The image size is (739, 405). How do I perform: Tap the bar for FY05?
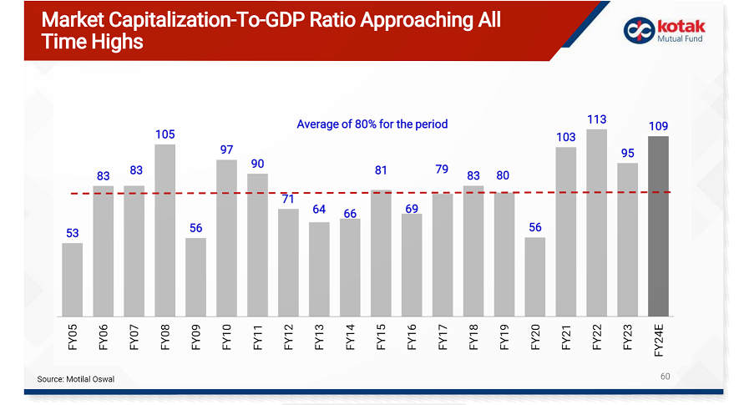click(x=73, y=279)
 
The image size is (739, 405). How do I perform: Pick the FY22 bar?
click(x=596, y=222)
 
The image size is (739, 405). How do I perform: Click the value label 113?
click(x=596, y=119)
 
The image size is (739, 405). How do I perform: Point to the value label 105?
click(x=165, y=134)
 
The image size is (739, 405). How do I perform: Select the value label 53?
click(x=73, y=233)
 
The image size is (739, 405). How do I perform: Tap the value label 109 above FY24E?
click(x=658, y=126)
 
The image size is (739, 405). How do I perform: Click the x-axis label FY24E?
click(x=658, y=341)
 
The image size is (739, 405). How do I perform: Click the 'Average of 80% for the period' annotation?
click(x=372, y=124)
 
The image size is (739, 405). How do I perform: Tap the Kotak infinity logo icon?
click(x=636, y=30)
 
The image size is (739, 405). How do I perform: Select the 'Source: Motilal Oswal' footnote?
click(x=76, y=380)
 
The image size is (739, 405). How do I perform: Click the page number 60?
click(x=665, y=377)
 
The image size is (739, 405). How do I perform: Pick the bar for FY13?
click(x=319, y=268)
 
